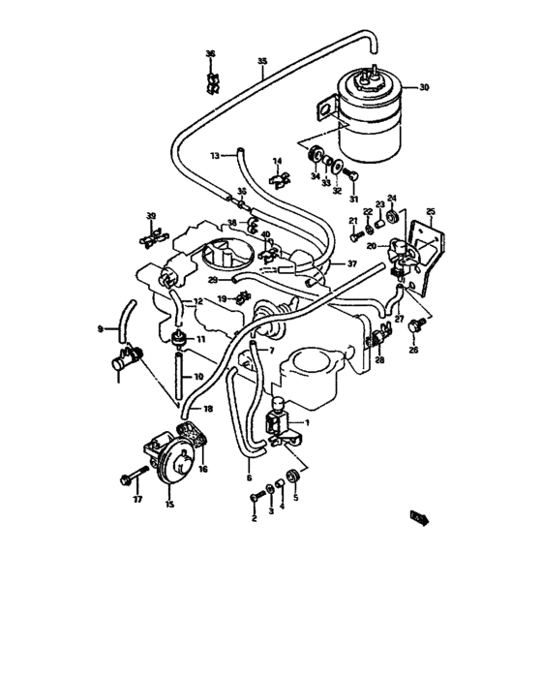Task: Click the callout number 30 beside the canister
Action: (422, 88)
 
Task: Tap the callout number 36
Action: (210, 54)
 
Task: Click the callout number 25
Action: (432, 211)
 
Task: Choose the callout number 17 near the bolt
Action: (137, 501)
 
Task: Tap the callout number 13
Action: (216, 153)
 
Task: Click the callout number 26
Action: (413, 350)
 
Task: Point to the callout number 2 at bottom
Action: (254, 518)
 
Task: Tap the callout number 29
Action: (212, 280)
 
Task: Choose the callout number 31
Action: (354, 200)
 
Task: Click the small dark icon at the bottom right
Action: (419, 518)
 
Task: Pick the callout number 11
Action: (201, 339)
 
